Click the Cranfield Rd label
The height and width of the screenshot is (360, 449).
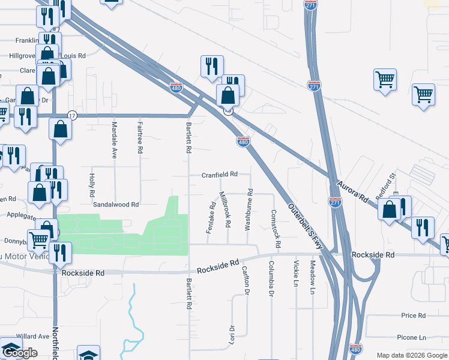tap(219, 174)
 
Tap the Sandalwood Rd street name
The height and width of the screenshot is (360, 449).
tap(116, 205)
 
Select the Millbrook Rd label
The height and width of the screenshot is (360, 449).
tap(225, 209)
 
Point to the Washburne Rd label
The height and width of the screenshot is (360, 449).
tap(249, 210)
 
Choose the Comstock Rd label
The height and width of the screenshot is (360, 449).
tap(274, 222)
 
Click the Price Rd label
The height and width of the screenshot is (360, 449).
tap(414, 316)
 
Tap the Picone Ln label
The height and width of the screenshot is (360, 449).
tap(414, 338)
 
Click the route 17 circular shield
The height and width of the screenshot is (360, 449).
tap(72, 115)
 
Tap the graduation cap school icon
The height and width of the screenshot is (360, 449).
tap(88, 354)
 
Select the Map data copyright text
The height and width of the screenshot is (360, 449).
tap(411, 355)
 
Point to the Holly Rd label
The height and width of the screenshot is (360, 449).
tap(92, 186)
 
